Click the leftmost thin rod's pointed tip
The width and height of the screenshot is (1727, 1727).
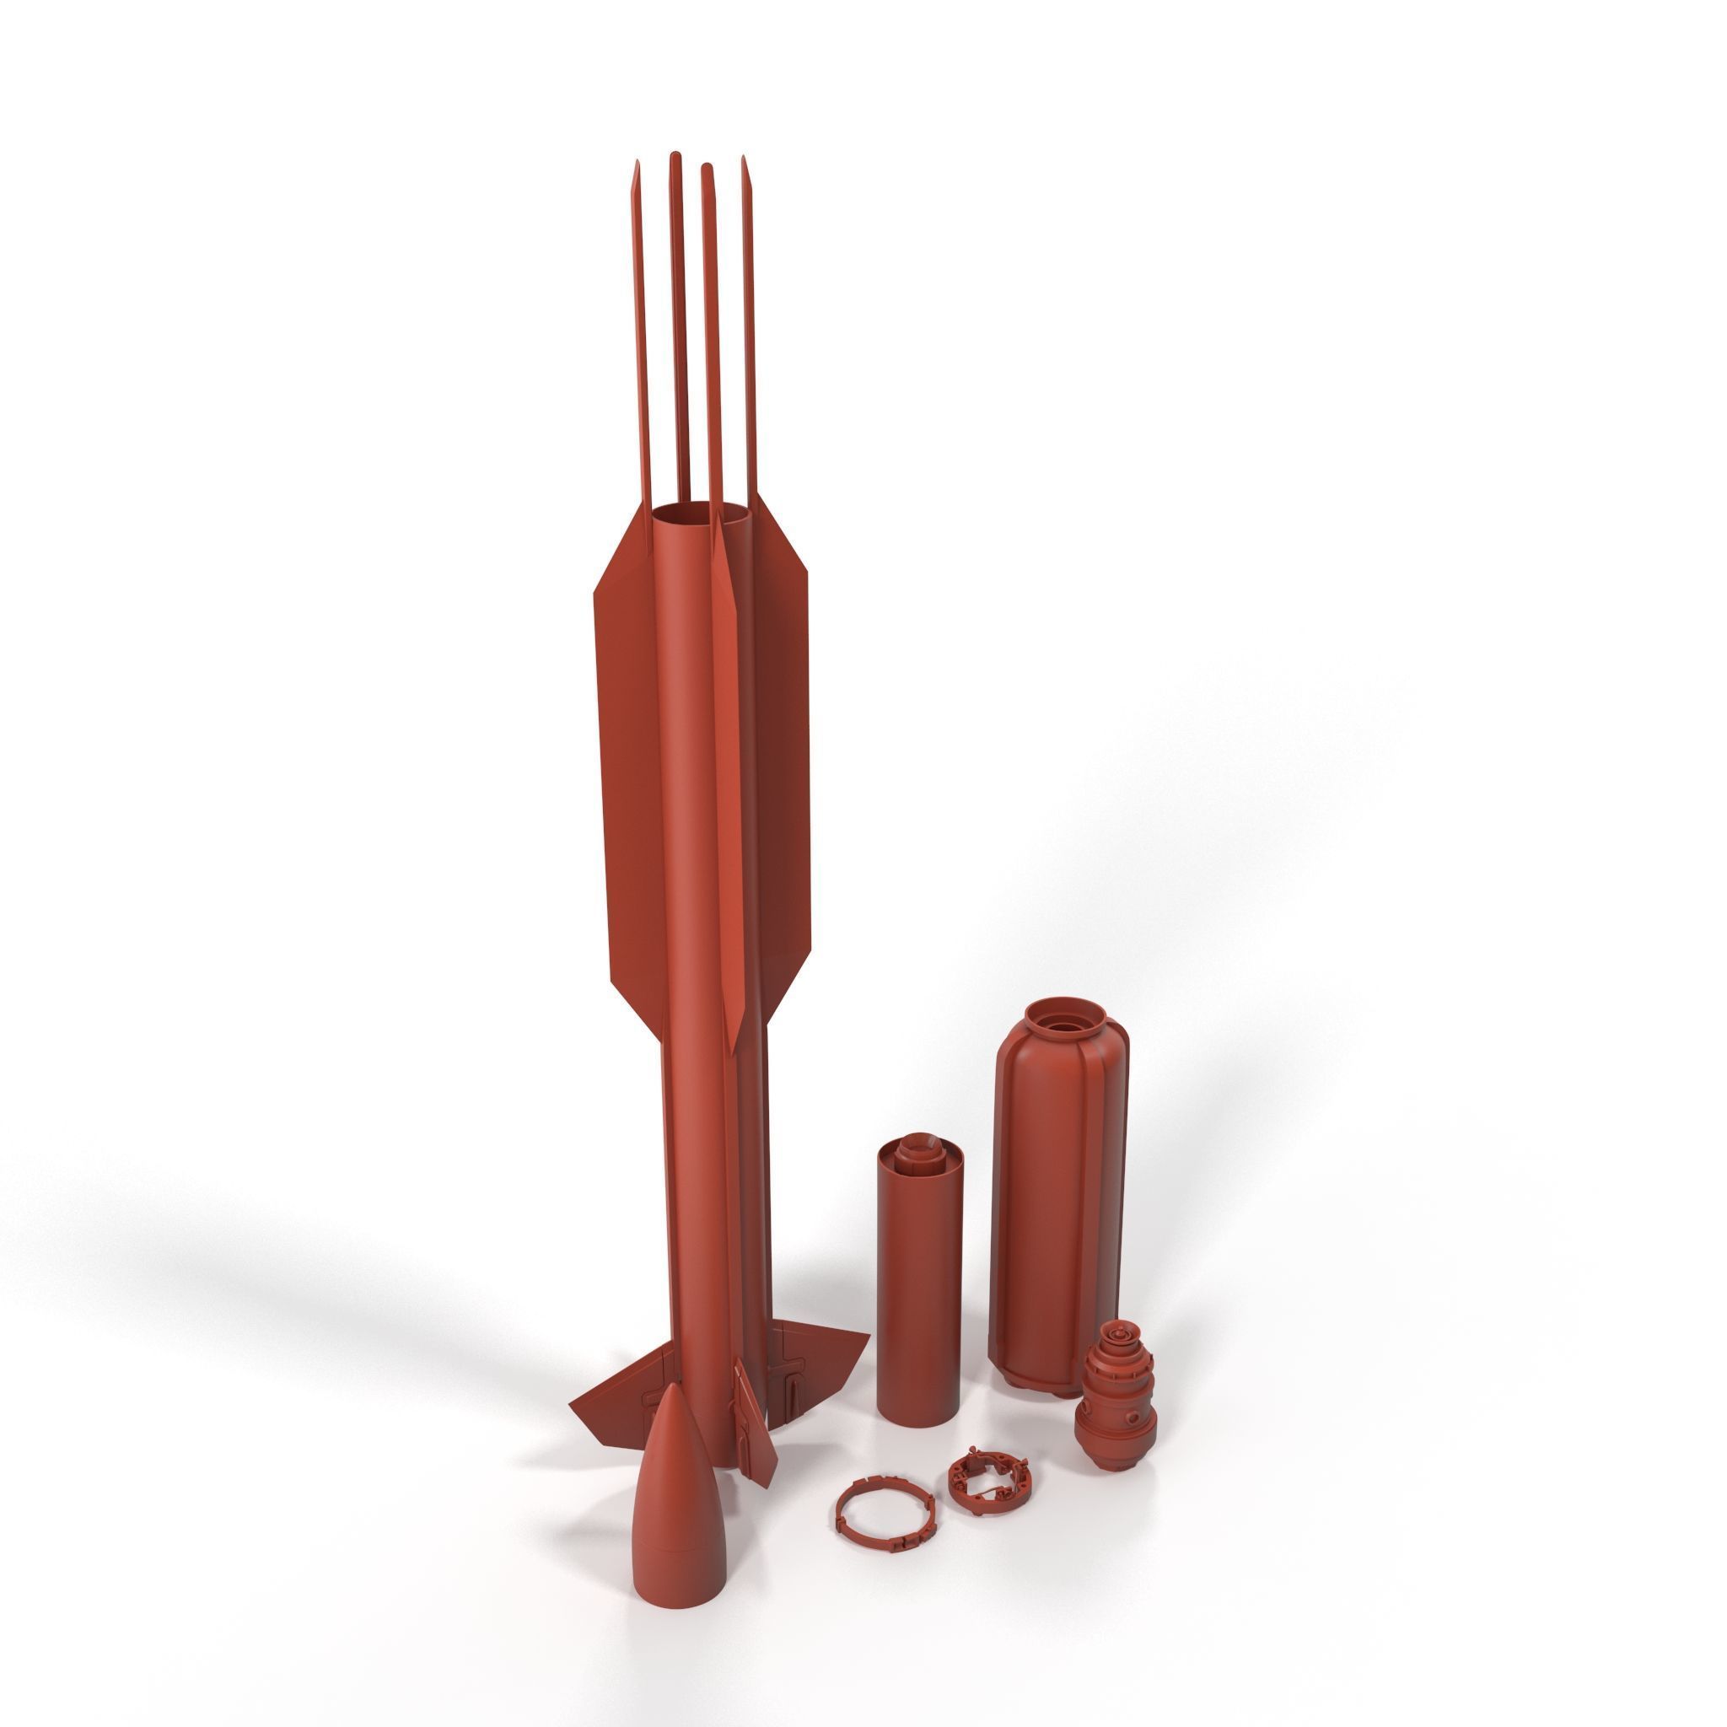(637, 165)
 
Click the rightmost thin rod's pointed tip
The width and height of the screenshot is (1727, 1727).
(743, 160)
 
